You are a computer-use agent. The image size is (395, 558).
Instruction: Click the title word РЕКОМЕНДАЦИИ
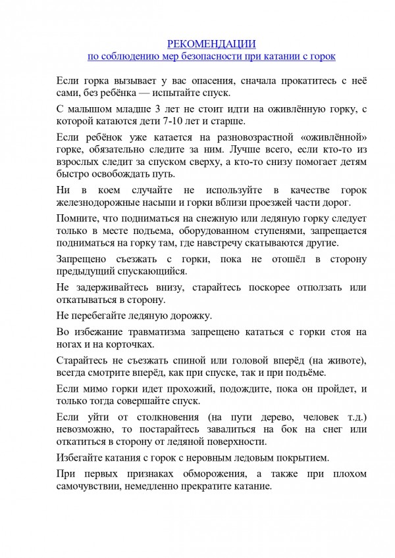211,43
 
